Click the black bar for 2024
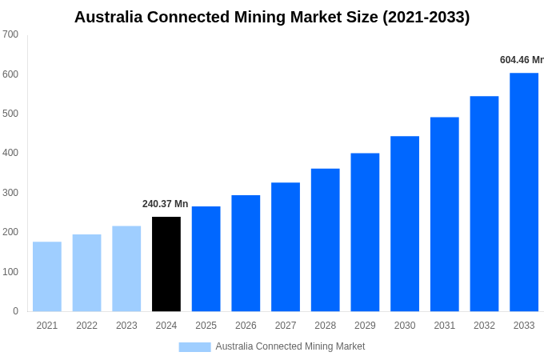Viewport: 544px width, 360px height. (166, 264)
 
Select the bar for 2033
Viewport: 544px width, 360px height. (524, 192)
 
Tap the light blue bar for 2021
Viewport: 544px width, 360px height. (47, 276)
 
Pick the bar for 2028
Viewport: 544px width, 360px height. (326, 240)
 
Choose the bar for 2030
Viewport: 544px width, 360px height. (405, 224)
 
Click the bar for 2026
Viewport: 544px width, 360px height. (246, 253)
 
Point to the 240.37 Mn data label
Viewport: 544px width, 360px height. (165, 204)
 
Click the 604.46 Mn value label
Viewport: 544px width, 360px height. (521, 60)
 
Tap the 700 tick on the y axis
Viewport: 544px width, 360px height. (10, 34)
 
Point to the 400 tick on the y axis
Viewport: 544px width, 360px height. (10, 153)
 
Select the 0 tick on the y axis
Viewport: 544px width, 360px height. (15, 311)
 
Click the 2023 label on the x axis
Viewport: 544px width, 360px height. (126, 326)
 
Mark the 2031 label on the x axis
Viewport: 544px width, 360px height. (445, 326)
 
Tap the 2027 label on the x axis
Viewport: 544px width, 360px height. (286, 326)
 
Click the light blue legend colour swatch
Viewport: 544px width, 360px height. (194, 346)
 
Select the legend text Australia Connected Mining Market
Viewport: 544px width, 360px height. (290, 346)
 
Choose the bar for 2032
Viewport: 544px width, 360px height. (484, 204)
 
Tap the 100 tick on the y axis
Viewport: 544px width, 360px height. (10, 272)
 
